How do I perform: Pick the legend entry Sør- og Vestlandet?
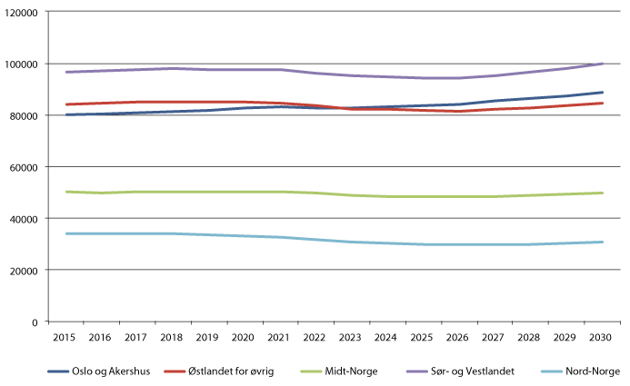(x=460, y=371)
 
